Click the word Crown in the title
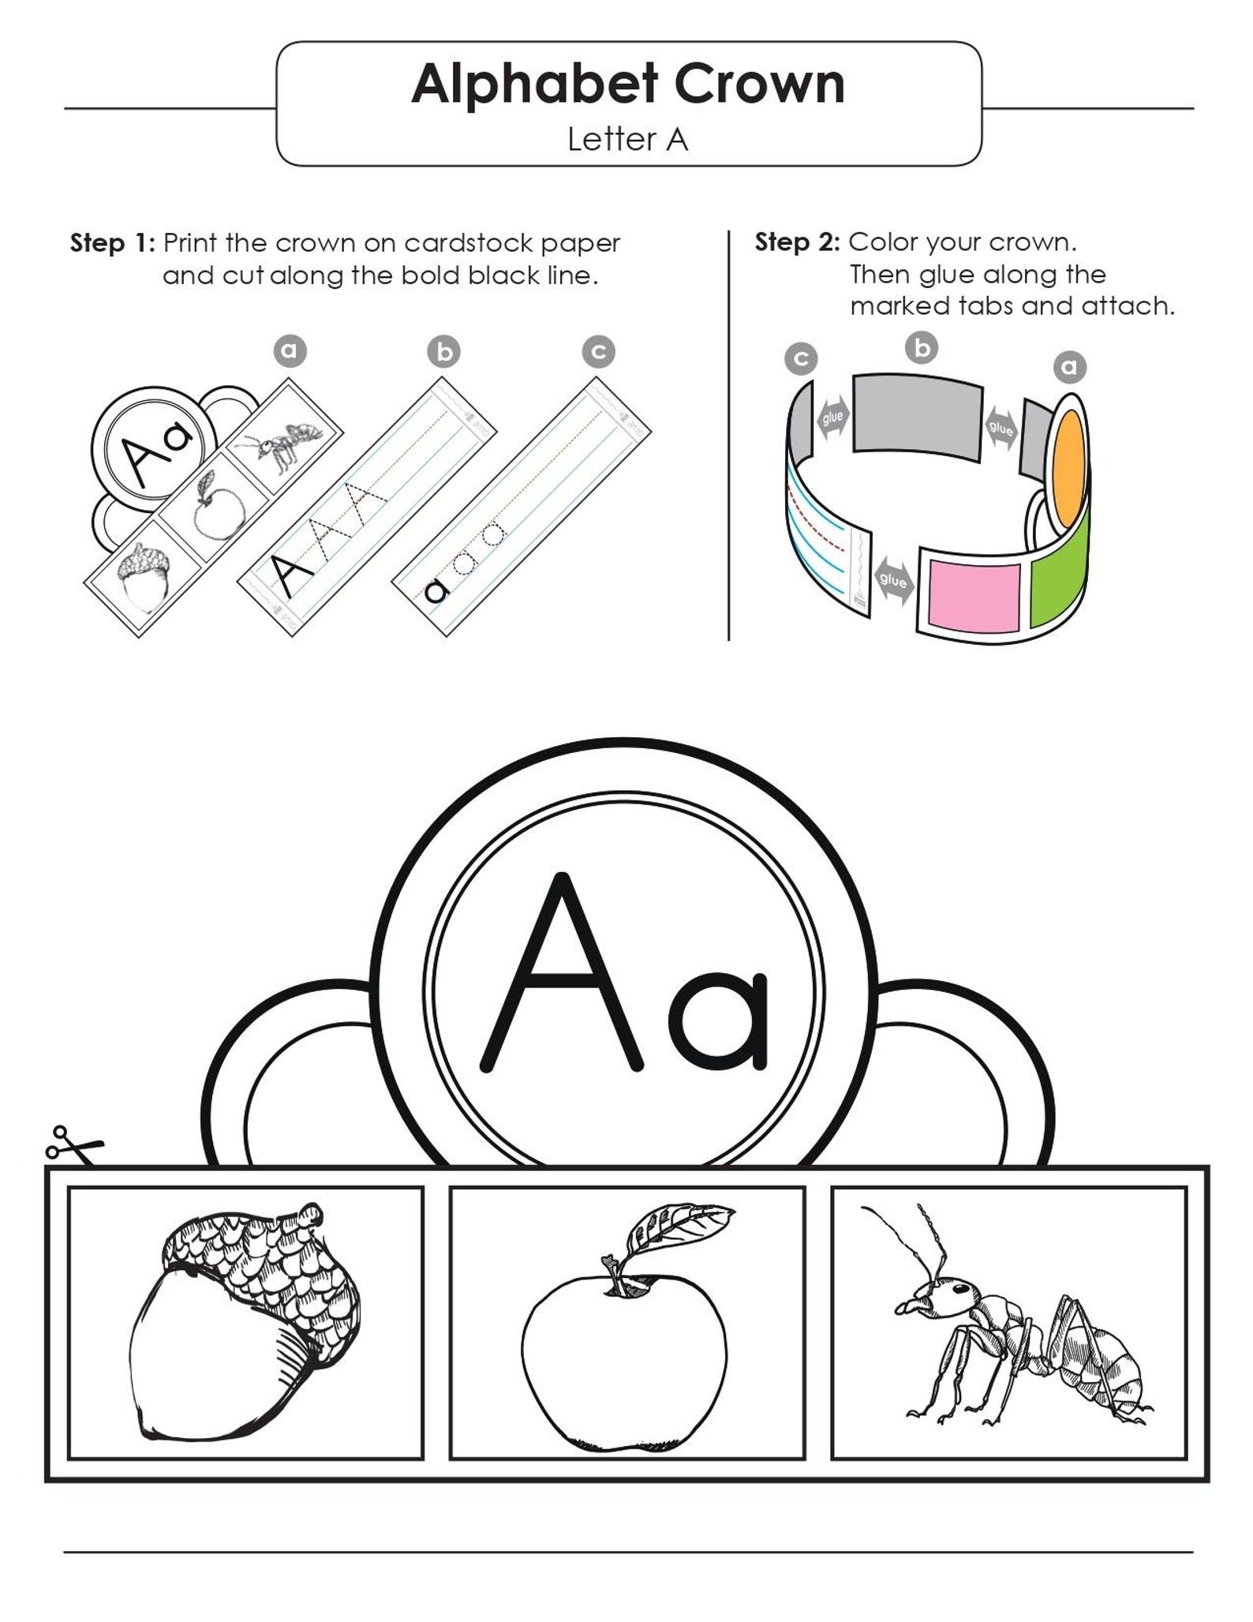point(758,84)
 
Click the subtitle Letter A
point(627,140)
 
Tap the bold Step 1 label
point(112,243)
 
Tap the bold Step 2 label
point(797,242)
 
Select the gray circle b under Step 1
point(444,352)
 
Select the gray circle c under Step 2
point(801,360)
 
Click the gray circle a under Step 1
point(290,350)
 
